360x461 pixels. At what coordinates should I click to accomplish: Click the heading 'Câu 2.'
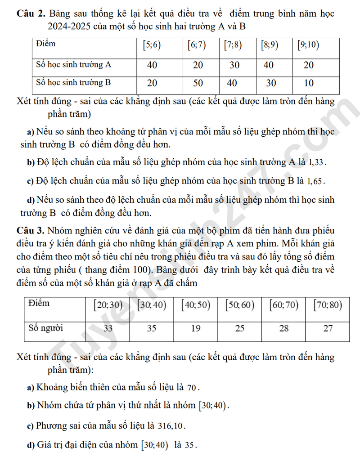pos(30,13)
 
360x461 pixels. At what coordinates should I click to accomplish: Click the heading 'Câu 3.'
pos(30,231)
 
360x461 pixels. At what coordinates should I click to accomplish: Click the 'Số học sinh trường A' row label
pos(73,64)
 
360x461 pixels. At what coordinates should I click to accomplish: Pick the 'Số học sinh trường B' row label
pos(73,83)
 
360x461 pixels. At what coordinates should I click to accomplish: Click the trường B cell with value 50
pos(198,83)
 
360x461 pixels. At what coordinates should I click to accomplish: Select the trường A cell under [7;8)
pos(234,65)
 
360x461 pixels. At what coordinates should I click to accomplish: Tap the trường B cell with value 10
pos(309,83)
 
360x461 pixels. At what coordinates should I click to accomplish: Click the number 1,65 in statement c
pos(315,181)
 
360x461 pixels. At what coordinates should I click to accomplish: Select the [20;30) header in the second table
pos(108,305)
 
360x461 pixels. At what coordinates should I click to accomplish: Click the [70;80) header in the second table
pos(328,305)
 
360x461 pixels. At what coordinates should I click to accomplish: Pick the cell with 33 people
pos(108,328)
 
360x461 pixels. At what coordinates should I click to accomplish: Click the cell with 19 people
pos(196,328)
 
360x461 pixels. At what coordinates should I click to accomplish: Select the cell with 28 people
pos(283,328)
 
